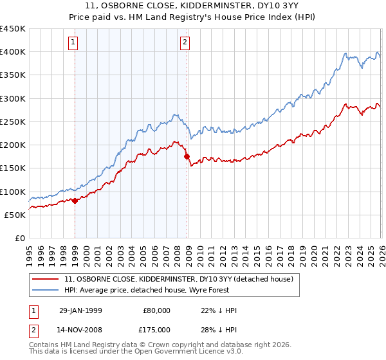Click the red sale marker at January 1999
tap(75, 201)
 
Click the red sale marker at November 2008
tap(187, 156)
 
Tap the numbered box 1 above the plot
tap(73, 43)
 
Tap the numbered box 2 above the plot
tap(185, 43)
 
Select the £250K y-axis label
tap(13, 122)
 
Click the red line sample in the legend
tap(46, 279)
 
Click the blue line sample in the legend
tap(46, 290)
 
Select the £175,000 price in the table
tap(157, 330)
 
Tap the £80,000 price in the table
tap(157, 310)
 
